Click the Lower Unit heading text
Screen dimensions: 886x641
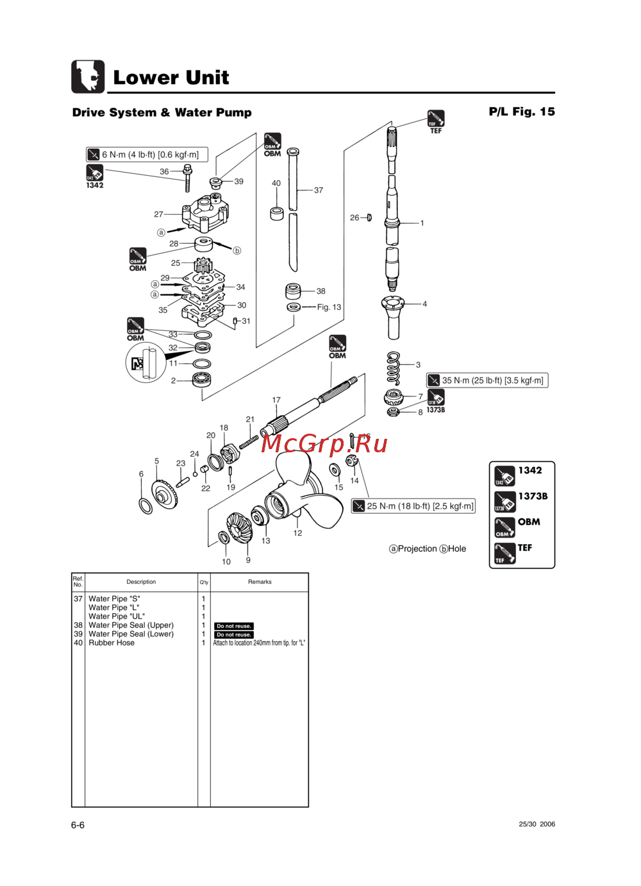pos(171,78)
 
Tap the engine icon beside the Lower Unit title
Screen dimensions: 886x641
pos(88,77)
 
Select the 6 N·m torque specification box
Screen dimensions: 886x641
pos(147,155)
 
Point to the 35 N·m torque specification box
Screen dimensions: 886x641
pos(487,380)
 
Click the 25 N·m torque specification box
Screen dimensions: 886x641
pos(413,506)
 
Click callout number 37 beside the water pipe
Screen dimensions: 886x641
pos(319,191)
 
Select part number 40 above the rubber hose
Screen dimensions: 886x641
pos(276,183)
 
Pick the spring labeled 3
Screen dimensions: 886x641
pos(394,368)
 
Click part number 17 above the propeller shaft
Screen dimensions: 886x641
pos(276,400)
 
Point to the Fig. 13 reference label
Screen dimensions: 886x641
pos(329,307)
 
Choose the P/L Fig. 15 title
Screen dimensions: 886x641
pos(522,112)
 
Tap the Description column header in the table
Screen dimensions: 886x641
pos(141,582)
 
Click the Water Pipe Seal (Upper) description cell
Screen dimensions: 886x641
pos(131,626)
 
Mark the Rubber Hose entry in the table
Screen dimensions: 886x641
pos(112,643)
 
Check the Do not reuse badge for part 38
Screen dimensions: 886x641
pos(234,626)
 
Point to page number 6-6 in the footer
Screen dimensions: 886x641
pos(78,825)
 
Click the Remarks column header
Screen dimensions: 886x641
pos(260,582)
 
